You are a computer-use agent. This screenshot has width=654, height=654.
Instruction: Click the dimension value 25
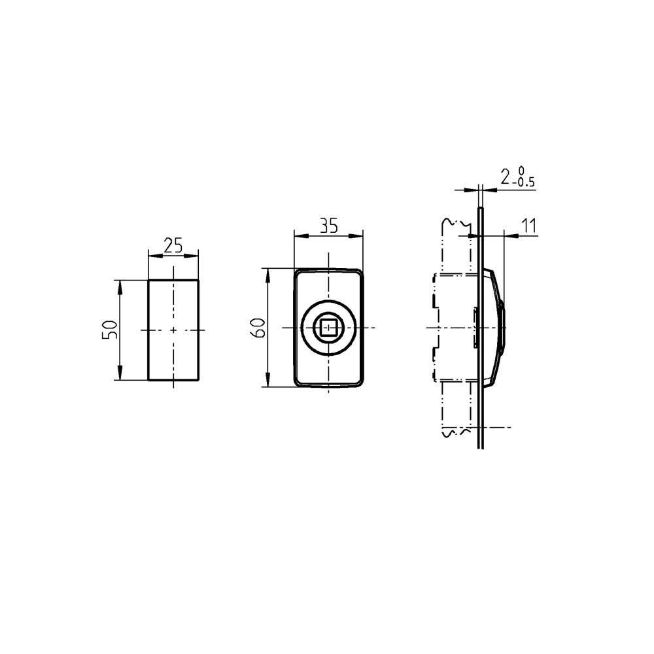(173, 245)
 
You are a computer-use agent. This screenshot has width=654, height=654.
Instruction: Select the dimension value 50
(110, 329)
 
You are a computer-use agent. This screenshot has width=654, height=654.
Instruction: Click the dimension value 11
(528, 226)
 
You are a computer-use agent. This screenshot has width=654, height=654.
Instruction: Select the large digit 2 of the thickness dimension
(506, 176)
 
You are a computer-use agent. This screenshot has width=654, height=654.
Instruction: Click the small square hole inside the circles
(328, 327)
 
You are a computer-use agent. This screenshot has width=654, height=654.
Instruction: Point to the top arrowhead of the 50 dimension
(120, 284)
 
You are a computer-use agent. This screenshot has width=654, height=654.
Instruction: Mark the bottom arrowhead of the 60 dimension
(267, 382)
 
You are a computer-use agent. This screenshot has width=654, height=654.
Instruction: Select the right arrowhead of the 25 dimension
(195, 255)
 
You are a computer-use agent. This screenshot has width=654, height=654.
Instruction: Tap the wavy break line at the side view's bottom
(456, 432)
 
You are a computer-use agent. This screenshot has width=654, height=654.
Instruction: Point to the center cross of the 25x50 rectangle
(173, 330)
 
